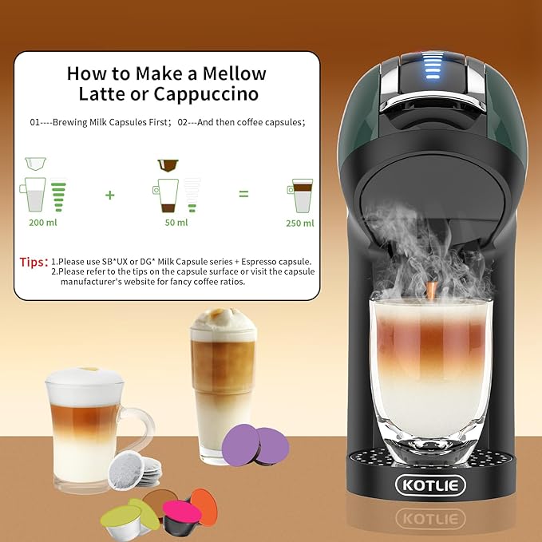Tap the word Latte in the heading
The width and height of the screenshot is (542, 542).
point(101,93)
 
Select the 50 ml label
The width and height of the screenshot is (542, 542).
point(176,222)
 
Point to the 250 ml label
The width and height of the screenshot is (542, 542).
point(300,223)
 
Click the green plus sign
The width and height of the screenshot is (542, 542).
point(109,195)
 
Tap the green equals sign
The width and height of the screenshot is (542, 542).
point(243,194)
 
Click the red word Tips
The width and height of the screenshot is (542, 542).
point(34,261)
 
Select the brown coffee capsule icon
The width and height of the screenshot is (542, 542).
point(168,165)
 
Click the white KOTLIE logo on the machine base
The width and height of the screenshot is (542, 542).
point(430,485)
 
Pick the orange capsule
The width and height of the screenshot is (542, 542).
point(204,505)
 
